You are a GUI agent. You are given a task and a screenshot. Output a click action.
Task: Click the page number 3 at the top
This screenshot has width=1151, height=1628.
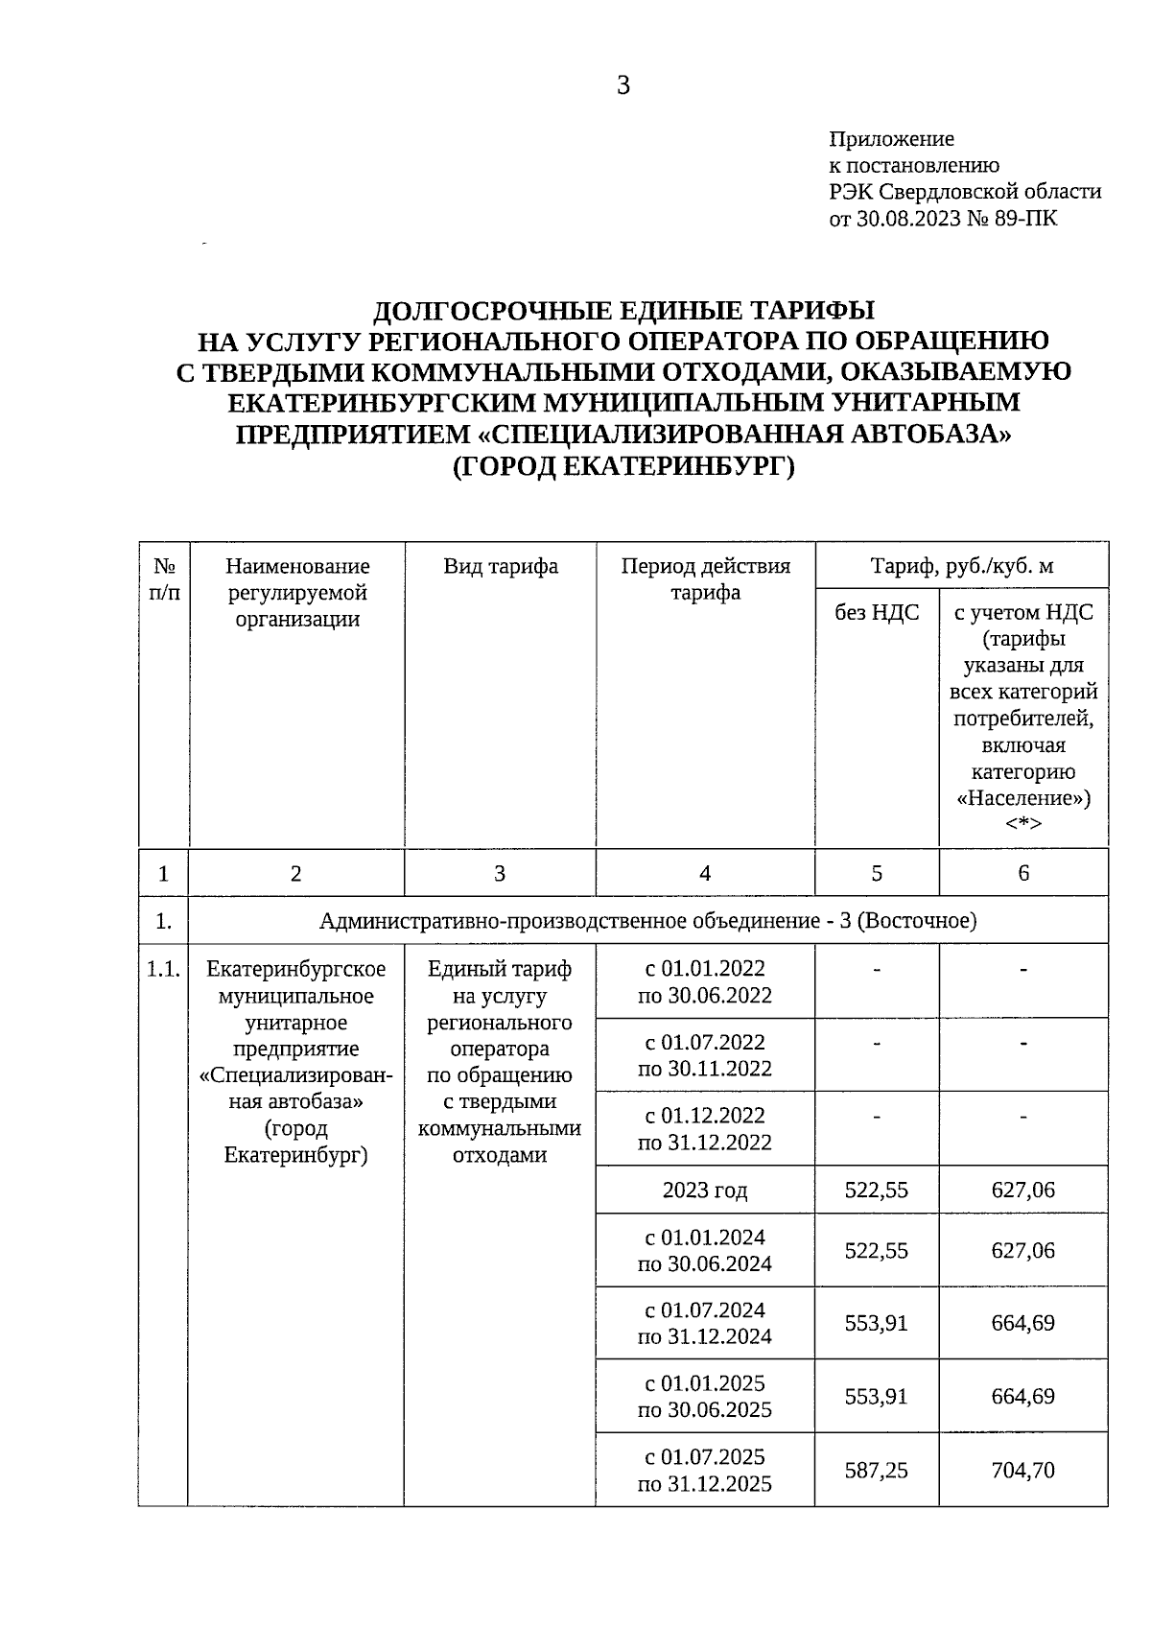(622, 86)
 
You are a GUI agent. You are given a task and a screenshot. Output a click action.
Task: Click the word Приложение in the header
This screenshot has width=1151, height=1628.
(891, 139)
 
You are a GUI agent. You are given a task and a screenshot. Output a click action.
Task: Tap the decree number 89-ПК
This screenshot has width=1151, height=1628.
(1028, 219)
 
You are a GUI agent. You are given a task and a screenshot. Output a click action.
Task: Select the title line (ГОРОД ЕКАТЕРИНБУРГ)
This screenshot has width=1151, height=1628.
(623, 465)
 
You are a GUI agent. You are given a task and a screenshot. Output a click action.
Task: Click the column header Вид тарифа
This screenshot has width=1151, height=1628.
(500, 566)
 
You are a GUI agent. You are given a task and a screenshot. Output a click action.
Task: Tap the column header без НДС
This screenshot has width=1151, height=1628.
(877, 612)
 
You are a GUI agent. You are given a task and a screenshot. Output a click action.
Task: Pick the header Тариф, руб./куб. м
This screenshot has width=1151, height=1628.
(961, 566)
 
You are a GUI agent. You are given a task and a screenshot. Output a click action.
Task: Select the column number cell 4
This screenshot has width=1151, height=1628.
(705, 873)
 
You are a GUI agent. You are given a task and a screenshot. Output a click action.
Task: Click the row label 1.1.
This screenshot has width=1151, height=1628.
(163, 970)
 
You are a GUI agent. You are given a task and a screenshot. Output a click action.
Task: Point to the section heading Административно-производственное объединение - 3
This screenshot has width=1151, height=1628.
(647, 921)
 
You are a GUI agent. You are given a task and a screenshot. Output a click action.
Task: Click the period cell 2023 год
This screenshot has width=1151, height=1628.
(705, 1191)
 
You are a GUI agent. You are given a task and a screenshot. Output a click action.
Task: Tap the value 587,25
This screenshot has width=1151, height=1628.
(877, 1470)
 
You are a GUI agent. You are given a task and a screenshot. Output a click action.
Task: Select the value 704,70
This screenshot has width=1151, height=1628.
(1023, 1470)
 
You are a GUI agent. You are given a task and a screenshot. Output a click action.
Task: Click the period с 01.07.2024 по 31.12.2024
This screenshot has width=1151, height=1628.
(705, 1323)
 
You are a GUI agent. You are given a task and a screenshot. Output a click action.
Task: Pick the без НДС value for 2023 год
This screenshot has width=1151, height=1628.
(877, 1191)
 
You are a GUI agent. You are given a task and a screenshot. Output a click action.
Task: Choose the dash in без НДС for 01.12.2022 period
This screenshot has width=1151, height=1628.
(877, 1116)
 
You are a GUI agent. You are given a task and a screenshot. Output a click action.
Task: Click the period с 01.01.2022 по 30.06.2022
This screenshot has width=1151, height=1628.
(705, 981)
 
